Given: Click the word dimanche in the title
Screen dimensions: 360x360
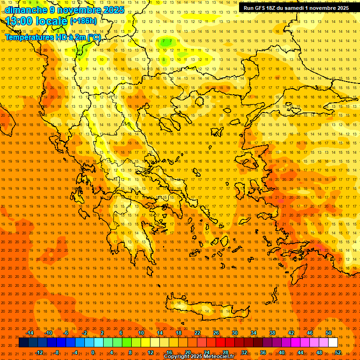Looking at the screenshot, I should (x=26, y=10).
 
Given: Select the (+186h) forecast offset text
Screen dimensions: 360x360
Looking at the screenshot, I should (x=83, y=21).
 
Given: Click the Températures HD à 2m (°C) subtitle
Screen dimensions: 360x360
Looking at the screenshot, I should (x=52, y=37).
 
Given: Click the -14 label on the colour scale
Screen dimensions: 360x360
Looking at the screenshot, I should (x=30, y=333).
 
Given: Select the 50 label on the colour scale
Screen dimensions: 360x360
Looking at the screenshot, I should (x=329, y=333).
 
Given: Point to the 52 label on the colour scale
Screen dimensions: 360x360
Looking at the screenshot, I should (x=338, y=352).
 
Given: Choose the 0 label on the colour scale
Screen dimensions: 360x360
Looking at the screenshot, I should (x=93, y=352).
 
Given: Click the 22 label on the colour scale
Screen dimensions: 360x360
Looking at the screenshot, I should (x=197, y=333).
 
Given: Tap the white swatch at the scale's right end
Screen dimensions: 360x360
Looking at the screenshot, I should (x=333, y=343).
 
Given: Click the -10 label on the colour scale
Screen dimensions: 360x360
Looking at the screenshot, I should (x=48, y=333).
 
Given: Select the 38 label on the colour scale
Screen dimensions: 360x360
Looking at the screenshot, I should (x=272, y=333).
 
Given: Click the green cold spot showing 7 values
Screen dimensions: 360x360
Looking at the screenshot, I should (x=166, y=41).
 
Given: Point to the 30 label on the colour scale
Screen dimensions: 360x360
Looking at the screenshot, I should (x=235, y=333).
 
